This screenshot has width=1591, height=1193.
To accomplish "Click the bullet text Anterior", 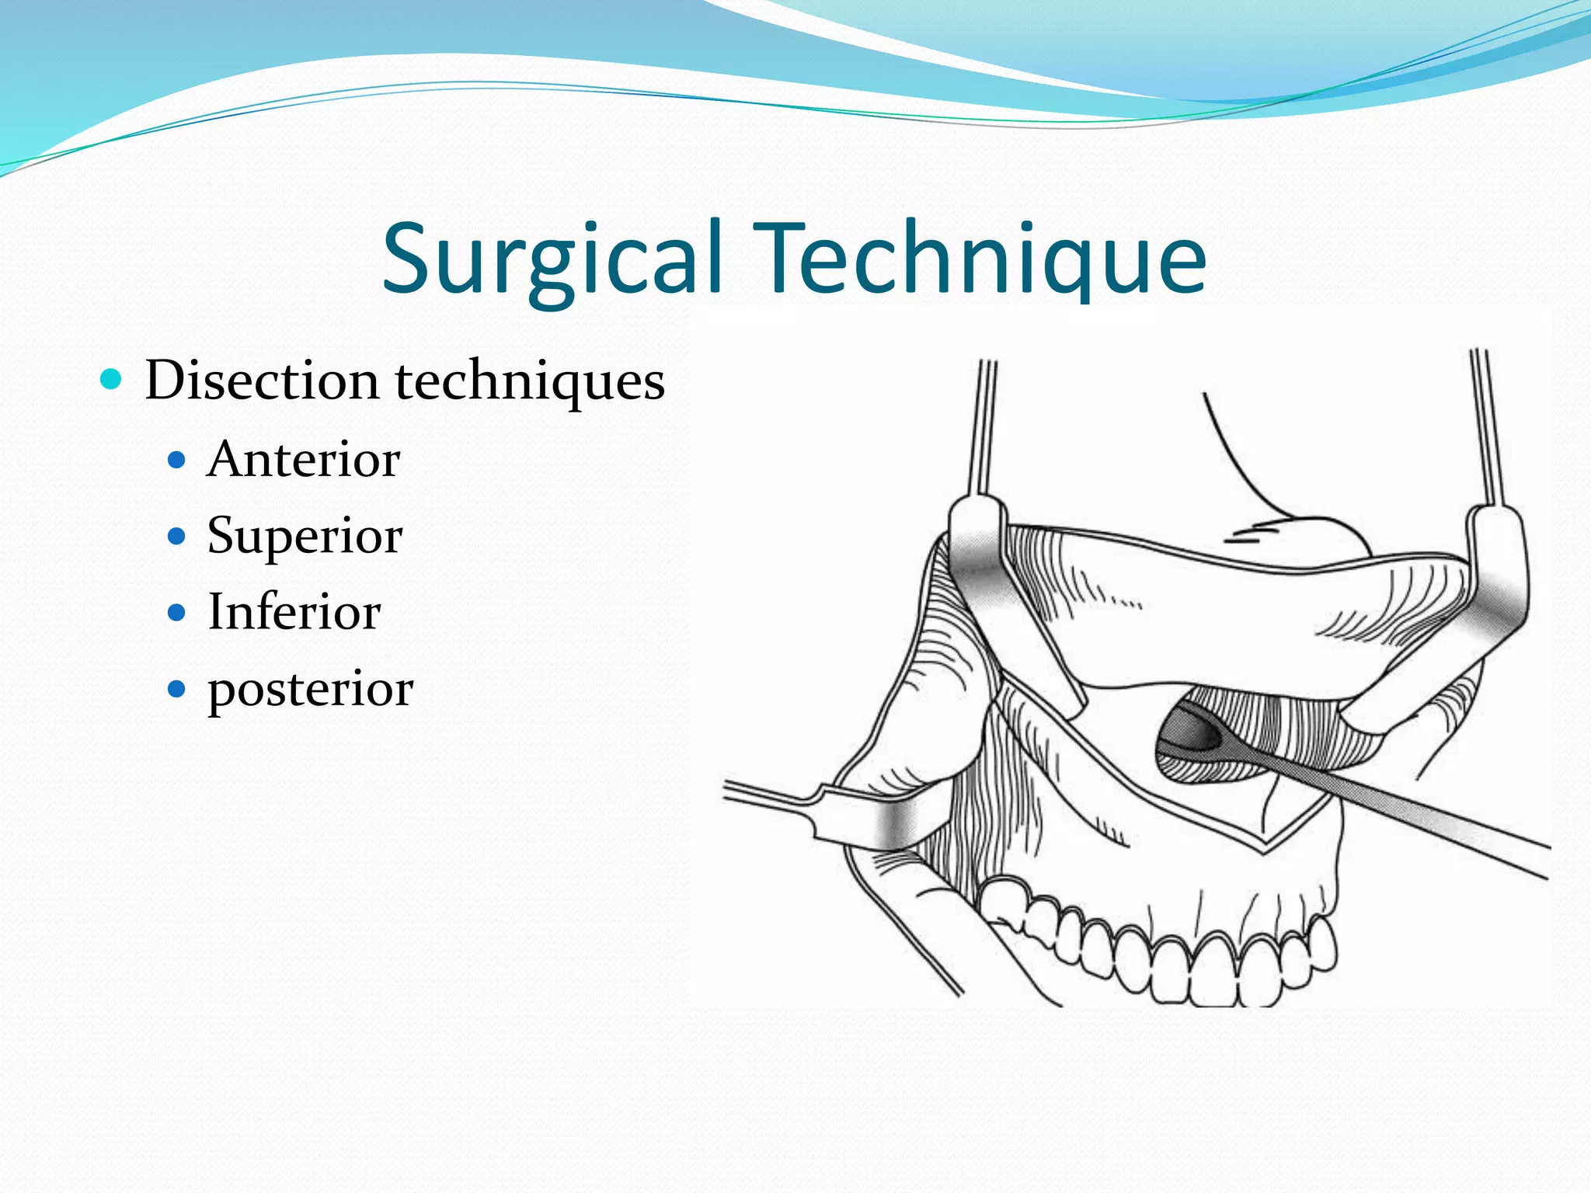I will coord(304,459).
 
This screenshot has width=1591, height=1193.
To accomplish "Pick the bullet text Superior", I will coord(305,535).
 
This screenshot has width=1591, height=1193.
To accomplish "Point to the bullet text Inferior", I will coord(294,611).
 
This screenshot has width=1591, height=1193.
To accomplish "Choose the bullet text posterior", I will coord(310,688).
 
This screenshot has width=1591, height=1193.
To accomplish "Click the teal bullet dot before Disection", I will coord(112,380).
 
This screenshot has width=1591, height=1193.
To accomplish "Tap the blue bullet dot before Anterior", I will coord(177,461).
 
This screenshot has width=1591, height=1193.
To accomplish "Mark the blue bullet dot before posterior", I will coord(177,688).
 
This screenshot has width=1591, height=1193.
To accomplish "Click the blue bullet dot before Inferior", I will coord(177,612).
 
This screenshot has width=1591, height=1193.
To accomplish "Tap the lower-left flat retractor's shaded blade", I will coord(893,823).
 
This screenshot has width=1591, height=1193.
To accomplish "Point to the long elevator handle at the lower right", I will coord(1414,816).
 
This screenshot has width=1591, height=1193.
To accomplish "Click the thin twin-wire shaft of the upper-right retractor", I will coord(1488,427).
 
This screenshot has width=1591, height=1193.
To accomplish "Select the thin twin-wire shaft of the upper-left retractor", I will coord(983,427).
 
